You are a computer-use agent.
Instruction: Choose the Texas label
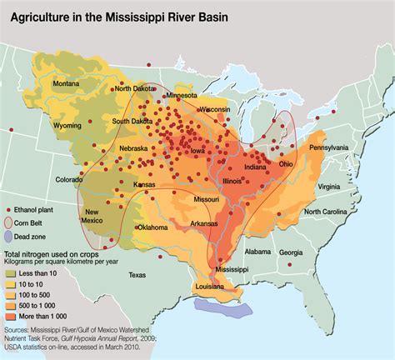click(137, 274)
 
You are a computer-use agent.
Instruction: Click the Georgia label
click(291, 252)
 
